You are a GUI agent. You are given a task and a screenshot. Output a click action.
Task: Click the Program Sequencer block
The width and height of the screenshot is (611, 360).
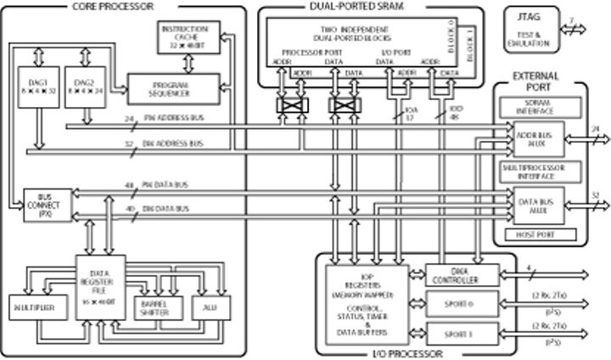tap(169, 89)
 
